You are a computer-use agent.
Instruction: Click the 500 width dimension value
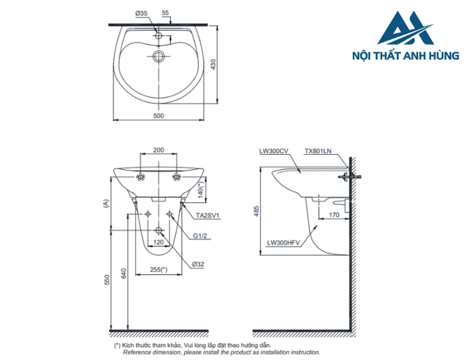pyautogui.click(x=158, y=116)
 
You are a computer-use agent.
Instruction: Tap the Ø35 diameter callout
pyautogui.click(x=141, y=14)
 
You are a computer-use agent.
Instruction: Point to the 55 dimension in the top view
pyautogui.click(x=164, y=14)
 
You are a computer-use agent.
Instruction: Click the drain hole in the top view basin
pyautogui.click(x=158, y=56)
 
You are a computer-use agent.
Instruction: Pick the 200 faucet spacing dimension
pyautogui.click(x=158, y=150)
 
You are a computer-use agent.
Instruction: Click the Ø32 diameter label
pyautogui.click(x=198, y=264)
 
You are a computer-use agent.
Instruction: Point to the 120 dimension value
pyautogui.click(x=158, y=242)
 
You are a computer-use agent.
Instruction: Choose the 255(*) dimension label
pyautogui.click(x=159, y=270)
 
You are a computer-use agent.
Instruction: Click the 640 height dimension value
pyautogui.click(x=123, y=274)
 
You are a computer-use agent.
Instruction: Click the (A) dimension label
pyautogui.click(x=105, y=202)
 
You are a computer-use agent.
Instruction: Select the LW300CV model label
pyautogui.click(x=273, y=151)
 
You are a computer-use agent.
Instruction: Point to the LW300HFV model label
pyautogui.click(x=283, y=241)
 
